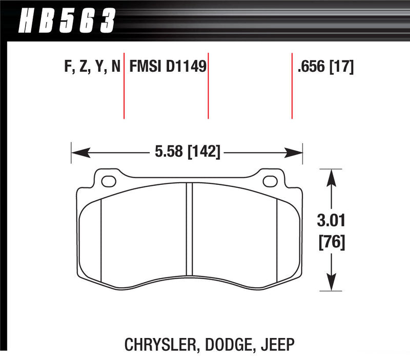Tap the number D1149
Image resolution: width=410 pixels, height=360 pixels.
pos(184,67)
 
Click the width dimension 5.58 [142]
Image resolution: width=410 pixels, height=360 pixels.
pos(187,152)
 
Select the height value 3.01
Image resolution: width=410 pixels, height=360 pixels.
pos(333,222)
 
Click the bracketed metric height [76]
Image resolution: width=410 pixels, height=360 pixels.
pos(333,241)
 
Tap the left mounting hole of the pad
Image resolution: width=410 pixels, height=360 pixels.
pos(108,181)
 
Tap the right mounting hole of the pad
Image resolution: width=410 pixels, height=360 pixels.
pos(270,181)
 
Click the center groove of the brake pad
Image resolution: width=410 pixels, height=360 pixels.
pos(189,230)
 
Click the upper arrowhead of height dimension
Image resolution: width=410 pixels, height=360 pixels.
pos(332,177)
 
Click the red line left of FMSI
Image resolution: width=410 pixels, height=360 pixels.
pos(124,84)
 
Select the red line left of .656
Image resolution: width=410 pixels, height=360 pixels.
pos(292,84)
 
